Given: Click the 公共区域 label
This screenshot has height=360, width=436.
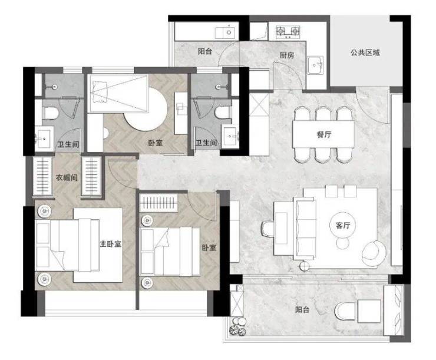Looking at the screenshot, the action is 365,52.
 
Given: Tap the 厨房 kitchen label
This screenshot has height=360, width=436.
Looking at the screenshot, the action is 287,55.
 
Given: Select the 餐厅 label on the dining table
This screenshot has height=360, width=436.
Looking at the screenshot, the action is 324,134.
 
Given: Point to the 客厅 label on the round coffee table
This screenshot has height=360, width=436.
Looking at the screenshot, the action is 343,226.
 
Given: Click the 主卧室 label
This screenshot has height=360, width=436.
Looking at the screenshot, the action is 111,244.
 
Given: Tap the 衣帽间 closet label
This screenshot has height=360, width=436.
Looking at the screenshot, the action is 67,177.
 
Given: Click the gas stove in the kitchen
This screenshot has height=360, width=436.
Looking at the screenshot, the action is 288,31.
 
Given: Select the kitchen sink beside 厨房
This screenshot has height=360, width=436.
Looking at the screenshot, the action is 315,65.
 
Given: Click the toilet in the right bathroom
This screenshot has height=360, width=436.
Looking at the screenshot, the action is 223,113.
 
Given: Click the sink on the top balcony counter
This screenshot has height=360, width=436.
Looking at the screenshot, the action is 227,32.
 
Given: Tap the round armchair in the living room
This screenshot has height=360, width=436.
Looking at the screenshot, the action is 374,250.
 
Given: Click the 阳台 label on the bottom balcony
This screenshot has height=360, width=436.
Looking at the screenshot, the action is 302,309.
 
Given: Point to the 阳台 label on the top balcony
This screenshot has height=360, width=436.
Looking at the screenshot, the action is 205,51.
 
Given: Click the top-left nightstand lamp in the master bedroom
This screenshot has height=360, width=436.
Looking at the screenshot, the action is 45,212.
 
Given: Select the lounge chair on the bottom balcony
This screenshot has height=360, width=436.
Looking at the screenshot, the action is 346,311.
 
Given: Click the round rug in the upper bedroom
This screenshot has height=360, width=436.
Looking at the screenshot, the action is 146,108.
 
